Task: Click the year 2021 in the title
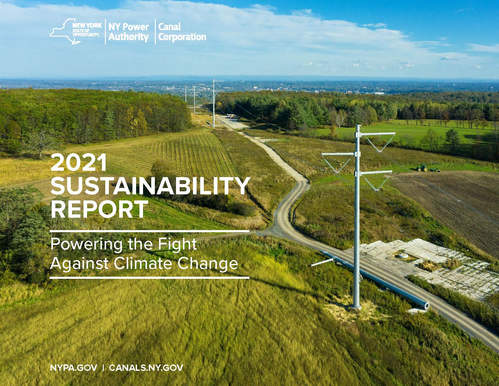[79, 163]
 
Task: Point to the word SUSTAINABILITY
[150, 186]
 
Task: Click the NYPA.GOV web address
[74, 368]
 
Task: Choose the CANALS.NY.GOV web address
[146, 368]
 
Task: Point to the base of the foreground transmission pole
[356, 307]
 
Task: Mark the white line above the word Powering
[150, 231]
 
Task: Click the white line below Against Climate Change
[150, 278]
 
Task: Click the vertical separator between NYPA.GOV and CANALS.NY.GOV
[103, 368]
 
